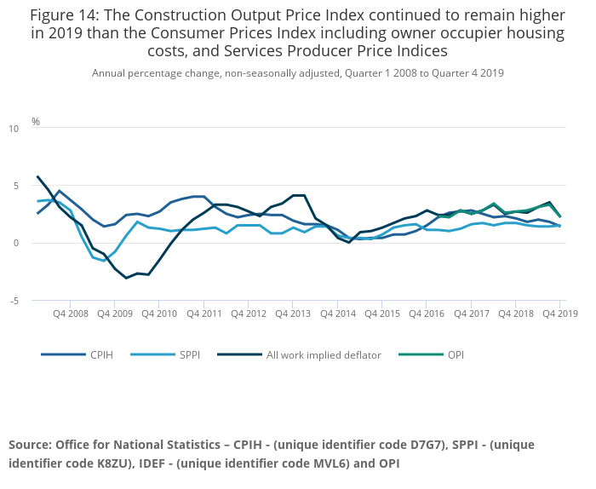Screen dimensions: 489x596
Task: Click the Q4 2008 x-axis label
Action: (x=70, y=314)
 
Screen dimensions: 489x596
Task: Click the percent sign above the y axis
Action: (x=36, y=122)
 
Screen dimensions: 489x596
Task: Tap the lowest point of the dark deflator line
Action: (x=126, y=278)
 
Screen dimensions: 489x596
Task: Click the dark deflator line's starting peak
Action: (x=37, y=177)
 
